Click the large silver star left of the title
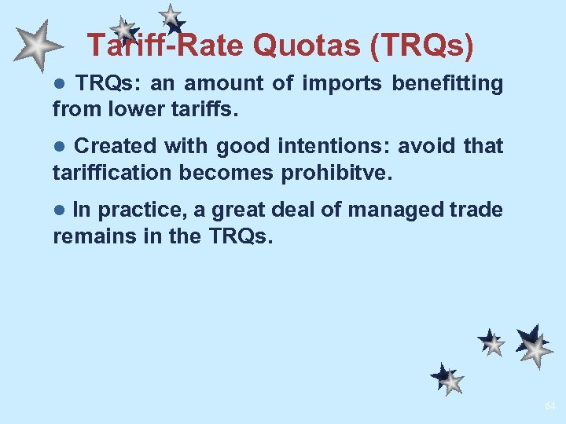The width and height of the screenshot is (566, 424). coord(37,47)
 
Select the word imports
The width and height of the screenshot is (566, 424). coord(345,83)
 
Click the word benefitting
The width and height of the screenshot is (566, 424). coord(447,83)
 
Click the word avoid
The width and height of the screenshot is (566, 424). coord(433,146)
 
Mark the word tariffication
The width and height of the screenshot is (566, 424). coord(112,172)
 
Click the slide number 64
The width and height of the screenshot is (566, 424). coord(549,406)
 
